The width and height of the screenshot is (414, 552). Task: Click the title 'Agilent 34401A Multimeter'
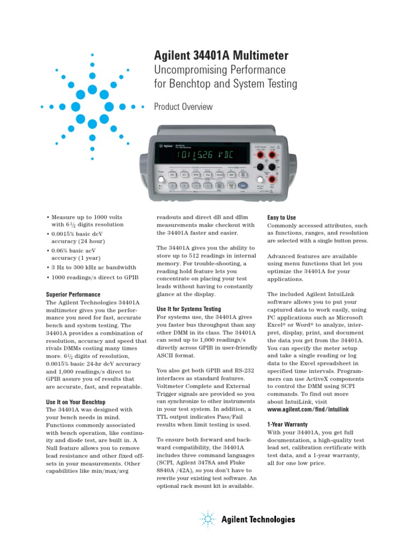[x=221, y=56]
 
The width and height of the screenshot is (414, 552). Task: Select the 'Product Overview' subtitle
[x=183, y=107]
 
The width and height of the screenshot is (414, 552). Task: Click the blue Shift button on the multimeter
[x=243, y=185]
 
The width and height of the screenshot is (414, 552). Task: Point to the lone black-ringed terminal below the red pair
[x=260, y=167]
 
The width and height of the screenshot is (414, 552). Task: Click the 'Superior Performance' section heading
[x=73, y=294]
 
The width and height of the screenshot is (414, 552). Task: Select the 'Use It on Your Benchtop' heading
[x=75, y=402]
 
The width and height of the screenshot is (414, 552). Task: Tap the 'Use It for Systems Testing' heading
[x=189, y=309]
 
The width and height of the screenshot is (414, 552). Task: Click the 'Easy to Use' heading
[x=282, y=217]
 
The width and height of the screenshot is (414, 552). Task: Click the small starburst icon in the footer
[x=207, y=519]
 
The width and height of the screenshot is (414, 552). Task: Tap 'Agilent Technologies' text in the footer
[x=258, y=520]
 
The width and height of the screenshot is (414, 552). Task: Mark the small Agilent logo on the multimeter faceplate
[x=164, y=146]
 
